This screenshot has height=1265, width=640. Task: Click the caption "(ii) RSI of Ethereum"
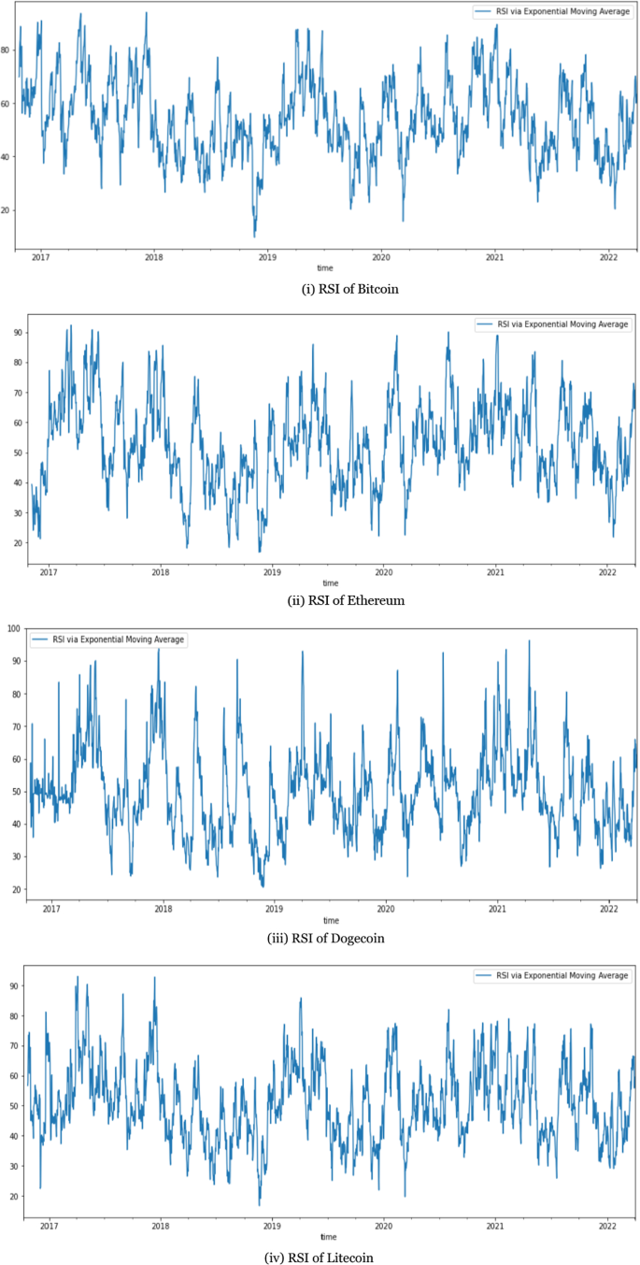pyautogui.click(x=346, y=600)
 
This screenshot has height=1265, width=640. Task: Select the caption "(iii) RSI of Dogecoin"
pyautogui.click(x=347, y=937)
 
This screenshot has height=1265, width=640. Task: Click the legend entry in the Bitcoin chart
pyautogui.click(x=552, y=12)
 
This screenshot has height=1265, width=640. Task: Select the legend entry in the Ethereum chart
pyautogui.click(x=552, y=324)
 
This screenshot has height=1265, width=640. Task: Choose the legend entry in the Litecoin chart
pyautogui.click(x=552, y=975)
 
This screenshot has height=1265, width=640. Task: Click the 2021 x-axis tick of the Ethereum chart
pyautogui.click(x=495, y=570)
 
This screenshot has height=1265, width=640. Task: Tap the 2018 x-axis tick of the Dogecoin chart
pyautogui.click(x=163, y=908)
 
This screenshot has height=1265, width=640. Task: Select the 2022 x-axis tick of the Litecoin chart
pyautogui.click(x=607, y=1225)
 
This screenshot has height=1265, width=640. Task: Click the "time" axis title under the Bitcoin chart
pyautogui.click(x=323, y=268)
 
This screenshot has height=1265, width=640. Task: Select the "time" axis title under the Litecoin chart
pyautogui.click(x=323, y=1236)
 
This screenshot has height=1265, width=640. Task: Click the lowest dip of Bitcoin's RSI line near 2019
pyautogui.click(x=254, y=236)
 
